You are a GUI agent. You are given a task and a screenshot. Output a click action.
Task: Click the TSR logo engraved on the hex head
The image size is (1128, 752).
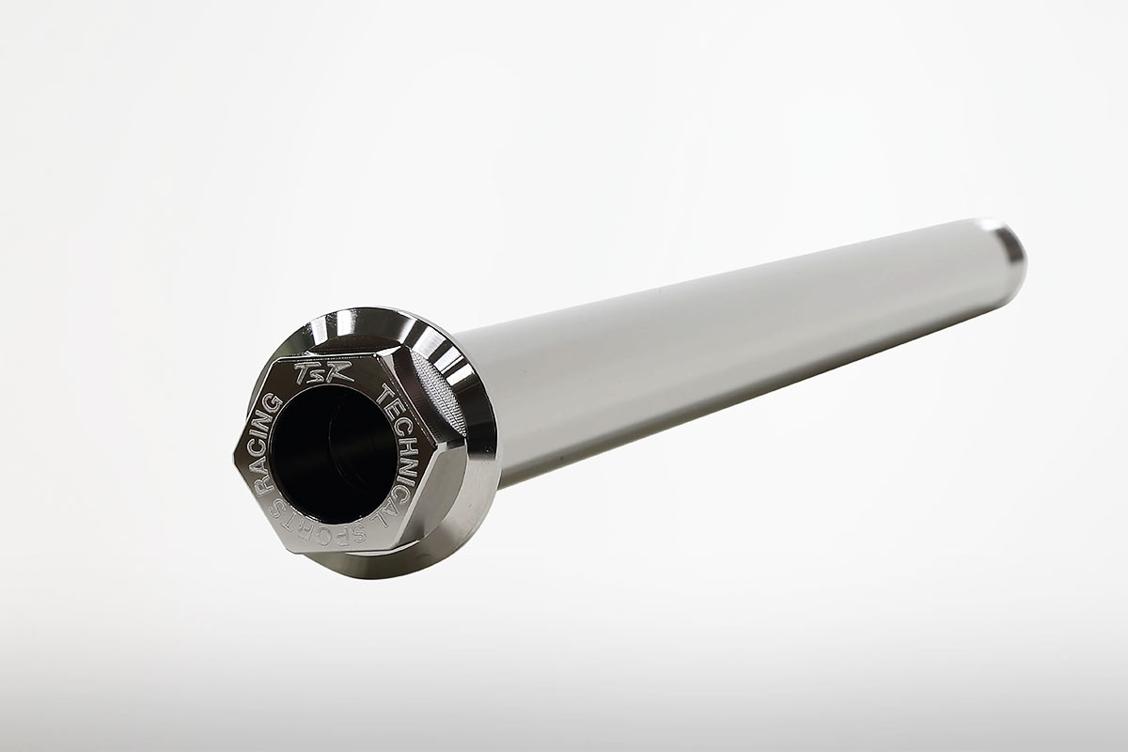[323, 373]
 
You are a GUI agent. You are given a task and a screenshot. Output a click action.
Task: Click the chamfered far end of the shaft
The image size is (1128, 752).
[1002, 253]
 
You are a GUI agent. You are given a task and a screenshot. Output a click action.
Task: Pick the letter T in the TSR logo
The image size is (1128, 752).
[305, 373]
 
